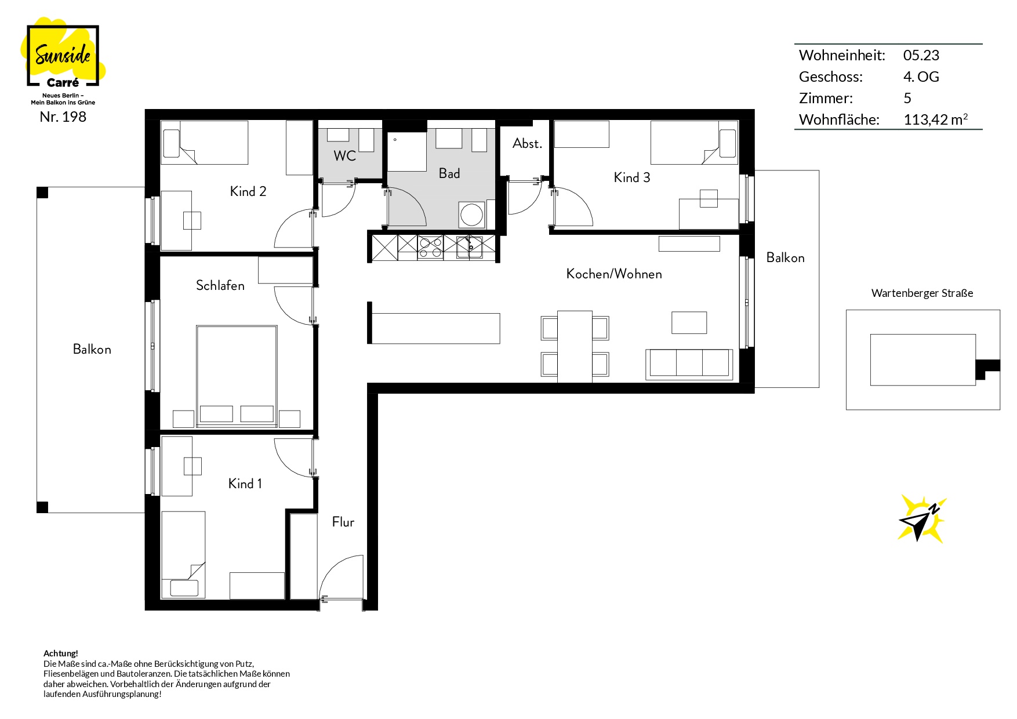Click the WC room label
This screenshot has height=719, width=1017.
[x=345, y=155]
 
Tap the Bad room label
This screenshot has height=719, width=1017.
[x=449, y=173]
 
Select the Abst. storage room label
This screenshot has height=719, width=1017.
[x=527, y=143]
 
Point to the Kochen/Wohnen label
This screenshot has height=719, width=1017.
[x=614, y=274]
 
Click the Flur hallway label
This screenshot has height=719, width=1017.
[x=343, y=522]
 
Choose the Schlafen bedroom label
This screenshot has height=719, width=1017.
[x=220, y=285]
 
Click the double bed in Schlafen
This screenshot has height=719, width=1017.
[x=237, y=376]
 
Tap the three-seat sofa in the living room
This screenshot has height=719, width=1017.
[x=689, y=364]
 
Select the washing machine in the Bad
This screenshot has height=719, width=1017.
[x=472, y=215]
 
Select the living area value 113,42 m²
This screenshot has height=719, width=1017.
[x=935, y=119]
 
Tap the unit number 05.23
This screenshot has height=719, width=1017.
[x=921, y=55]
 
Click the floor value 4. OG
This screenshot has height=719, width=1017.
[x=921, y=77]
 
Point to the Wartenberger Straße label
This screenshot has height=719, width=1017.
[x=922, y=293]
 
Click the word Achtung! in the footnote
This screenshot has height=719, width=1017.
[x=61, y=653]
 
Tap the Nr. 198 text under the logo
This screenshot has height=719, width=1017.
[x=63, y=117]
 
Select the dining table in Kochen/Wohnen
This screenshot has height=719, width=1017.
[x=575, y=347]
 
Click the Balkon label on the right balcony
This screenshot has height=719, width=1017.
[x=786, y=257]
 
